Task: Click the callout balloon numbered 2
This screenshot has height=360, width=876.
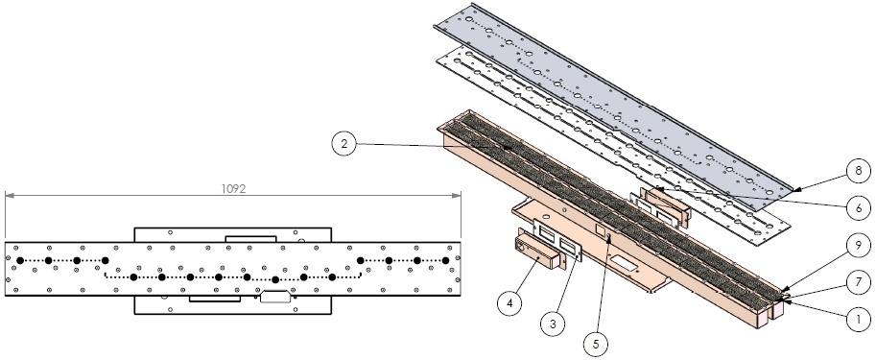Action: pos(344,144)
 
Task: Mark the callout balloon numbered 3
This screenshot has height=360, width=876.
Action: pos(554,323)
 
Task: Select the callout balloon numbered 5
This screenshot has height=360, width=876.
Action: pos(596,342)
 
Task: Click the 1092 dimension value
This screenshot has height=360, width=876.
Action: pos(233,189)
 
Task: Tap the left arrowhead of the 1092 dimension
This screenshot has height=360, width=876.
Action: pos(9,195)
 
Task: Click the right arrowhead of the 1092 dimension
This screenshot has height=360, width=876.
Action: pos(457,195)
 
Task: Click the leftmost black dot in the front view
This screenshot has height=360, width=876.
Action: pos(20,260)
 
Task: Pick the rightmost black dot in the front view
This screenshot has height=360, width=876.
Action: pos(445,260)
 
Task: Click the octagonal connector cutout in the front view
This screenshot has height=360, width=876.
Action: pos(275,297)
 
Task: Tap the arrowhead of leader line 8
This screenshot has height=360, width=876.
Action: pos(795,190)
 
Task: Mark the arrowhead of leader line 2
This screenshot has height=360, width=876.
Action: pos(508,148)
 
